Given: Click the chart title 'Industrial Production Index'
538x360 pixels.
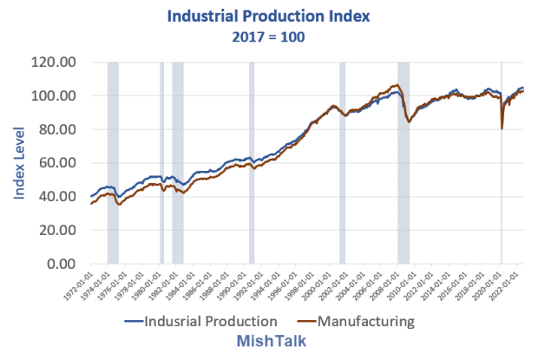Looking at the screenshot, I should coord(269,16).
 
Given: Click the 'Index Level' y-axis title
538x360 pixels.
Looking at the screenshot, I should coord(19,163).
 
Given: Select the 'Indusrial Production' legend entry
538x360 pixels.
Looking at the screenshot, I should coord(202,321).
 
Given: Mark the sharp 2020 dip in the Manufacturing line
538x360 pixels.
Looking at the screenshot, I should coord(502,128).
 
